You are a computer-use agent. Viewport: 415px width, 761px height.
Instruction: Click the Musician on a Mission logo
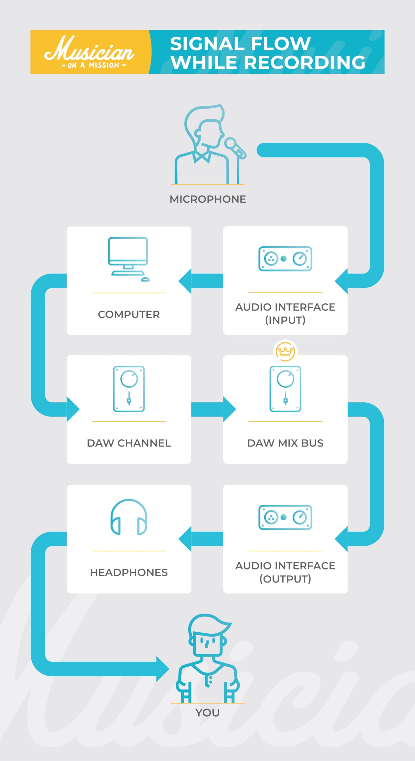(x=89, y=52)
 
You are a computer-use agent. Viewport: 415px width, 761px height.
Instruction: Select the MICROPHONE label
(x=208, y=199)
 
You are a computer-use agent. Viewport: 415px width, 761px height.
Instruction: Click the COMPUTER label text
(x=129, y=314)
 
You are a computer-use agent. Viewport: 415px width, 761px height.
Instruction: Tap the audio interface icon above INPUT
(x=285, y=258)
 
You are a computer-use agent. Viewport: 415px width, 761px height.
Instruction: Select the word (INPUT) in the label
(x=285, y=320)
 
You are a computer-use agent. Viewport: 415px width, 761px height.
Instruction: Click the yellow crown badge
(x=285, y=351)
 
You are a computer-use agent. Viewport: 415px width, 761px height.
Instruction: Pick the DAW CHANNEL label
(x=129, y=443)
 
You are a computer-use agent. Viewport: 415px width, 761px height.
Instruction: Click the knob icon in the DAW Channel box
(x=129, y=389)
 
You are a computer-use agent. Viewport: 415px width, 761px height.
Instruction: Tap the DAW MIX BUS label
(x=285, y=443)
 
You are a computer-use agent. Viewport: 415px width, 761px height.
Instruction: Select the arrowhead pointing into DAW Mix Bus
(x=229, y=409)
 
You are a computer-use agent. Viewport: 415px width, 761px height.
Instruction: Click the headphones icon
(x=129, y=517)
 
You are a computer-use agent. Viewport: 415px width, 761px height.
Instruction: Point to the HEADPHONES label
(x=129, y=572)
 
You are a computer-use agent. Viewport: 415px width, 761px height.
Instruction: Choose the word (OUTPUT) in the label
(x=285, y=579)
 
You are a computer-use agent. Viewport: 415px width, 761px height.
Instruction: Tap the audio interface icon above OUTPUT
(x=285, y=517)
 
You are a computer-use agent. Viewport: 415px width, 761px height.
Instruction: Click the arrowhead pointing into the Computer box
(x=185, y=281)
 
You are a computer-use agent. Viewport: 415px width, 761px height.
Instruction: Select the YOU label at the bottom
(x=207, y=713)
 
